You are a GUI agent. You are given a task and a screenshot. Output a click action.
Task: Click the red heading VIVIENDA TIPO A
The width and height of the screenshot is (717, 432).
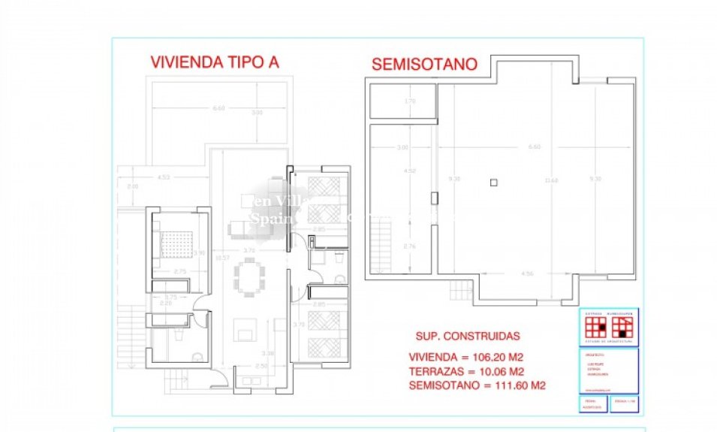pyautogui.click(x=215, y=62)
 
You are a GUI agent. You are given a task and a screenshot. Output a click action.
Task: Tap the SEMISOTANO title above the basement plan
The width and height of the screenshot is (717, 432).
pyautogui.click(x=424, y=65)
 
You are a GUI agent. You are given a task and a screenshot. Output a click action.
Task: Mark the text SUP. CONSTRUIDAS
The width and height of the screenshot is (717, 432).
pyautogui.click(x=467, y=337)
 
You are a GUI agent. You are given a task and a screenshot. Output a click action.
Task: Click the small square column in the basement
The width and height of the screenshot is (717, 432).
pyautogui.click(x=493, y=181)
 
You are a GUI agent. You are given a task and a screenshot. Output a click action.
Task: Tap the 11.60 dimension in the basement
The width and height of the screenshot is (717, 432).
pyautogui.click(x=552, y=180)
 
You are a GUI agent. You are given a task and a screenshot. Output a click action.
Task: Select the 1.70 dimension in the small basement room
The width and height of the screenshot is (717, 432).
pyautogui.click(x=409, y=101)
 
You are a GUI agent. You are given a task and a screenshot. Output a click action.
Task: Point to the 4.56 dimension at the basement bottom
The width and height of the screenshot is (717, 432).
pyautogui.click(x=527, y=273)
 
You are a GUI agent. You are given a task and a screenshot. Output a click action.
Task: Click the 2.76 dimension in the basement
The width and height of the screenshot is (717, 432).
pyautogui.click(x=410, y=246)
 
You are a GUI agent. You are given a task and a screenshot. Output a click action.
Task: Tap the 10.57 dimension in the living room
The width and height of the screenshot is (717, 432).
pyautogui.click(x=221, y=258)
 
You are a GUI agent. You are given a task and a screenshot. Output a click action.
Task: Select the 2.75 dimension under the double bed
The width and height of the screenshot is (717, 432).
pyautogui.click(x=179, y=270)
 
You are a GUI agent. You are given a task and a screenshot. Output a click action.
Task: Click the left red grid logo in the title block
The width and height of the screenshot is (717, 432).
pyautogui.click(x=597, y=328)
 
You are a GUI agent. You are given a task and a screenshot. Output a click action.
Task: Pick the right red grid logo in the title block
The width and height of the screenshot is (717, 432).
pyautogui.click(x=623, y=328)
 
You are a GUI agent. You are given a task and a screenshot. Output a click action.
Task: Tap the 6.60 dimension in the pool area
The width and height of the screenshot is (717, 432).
pyautogui.click(x=218, y=108)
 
